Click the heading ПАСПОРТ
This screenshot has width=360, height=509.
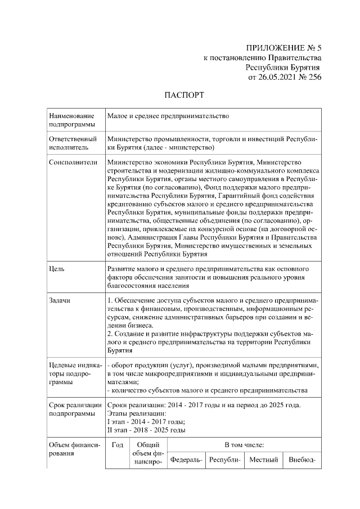tap(184, 95)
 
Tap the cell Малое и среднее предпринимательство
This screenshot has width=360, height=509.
tap(168, 116)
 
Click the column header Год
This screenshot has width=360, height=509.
tap(117, 445)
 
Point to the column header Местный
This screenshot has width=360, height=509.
tap(264, 460)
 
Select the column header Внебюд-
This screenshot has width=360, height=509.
tap(302, 460)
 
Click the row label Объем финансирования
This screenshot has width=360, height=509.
tap(74, 449)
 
